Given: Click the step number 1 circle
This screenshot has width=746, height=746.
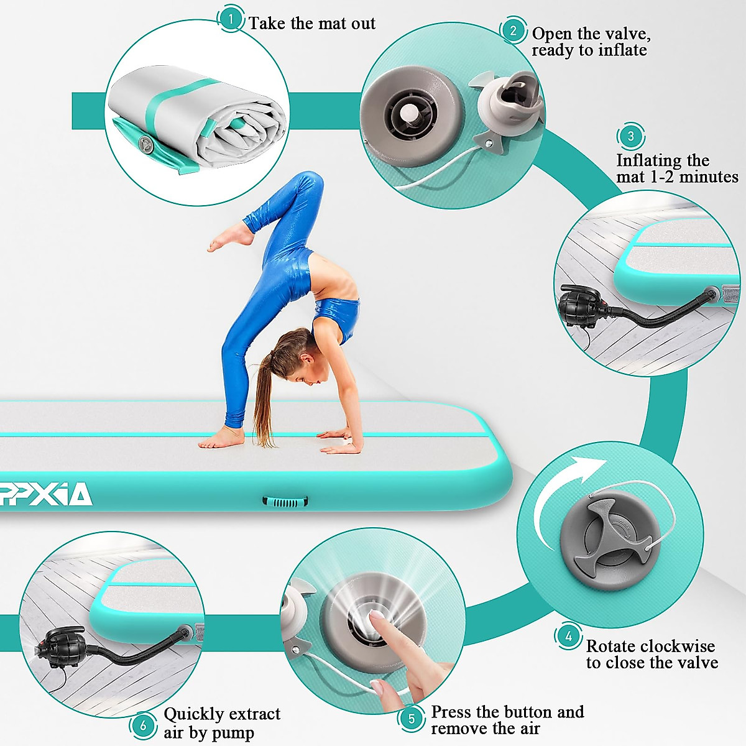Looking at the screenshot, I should coord(231,19).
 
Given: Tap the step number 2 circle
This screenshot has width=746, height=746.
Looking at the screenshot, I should coord(513,30).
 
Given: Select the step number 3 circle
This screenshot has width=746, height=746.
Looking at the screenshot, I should coord(630,136).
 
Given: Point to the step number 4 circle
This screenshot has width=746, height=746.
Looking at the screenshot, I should coord(568,637).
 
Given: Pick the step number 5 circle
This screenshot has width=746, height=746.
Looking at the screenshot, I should coord(412,719).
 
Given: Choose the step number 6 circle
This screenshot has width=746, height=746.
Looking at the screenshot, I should coord(143,725).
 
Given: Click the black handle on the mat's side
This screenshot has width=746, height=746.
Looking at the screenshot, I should coord(285,502).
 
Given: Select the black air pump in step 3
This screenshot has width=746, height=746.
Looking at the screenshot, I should coord(579,304).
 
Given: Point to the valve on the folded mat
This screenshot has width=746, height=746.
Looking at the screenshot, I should coord(147,145).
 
